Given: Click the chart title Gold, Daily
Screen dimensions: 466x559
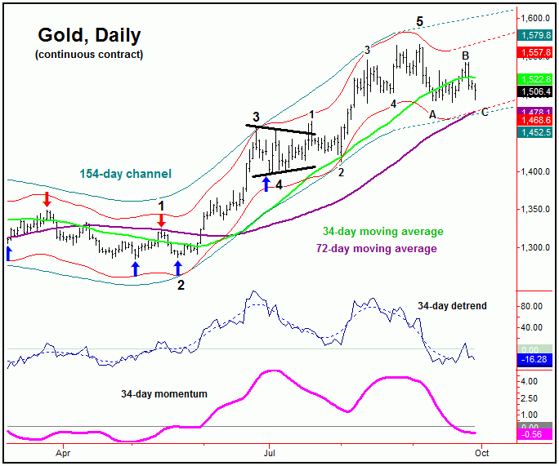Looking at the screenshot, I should pyautogui.click(x=89, y=35).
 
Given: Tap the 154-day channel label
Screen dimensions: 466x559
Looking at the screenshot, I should pyautogui.click(x=125, y=174).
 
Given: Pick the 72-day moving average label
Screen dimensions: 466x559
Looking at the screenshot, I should pyautogui.click(x=376, y=248).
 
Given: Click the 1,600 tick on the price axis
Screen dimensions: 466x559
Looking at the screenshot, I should pyautogui.click(x=535, y=18).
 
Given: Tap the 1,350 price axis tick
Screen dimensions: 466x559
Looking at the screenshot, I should pyautogui.click(x=535, y=210).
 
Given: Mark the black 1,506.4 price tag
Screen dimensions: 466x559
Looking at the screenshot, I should pyautogui.click(x=535, y=92).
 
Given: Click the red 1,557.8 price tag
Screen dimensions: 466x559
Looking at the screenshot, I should pyautogui.click(x=535, y=51).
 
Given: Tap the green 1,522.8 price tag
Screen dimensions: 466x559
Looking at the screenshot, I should pyautogui.click(x=535, y=79).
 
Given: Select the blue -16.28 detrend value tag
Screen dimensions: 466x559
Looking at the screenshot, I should pyautogui.click(x=535, y=359).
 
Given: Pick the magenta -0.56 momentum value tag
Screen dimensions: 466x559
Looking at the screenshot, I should pyautogui.click(x=535, y=434).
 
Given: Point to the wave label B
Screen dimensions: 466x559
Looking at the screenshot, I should pyautogui.click(x=466, y=55).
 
